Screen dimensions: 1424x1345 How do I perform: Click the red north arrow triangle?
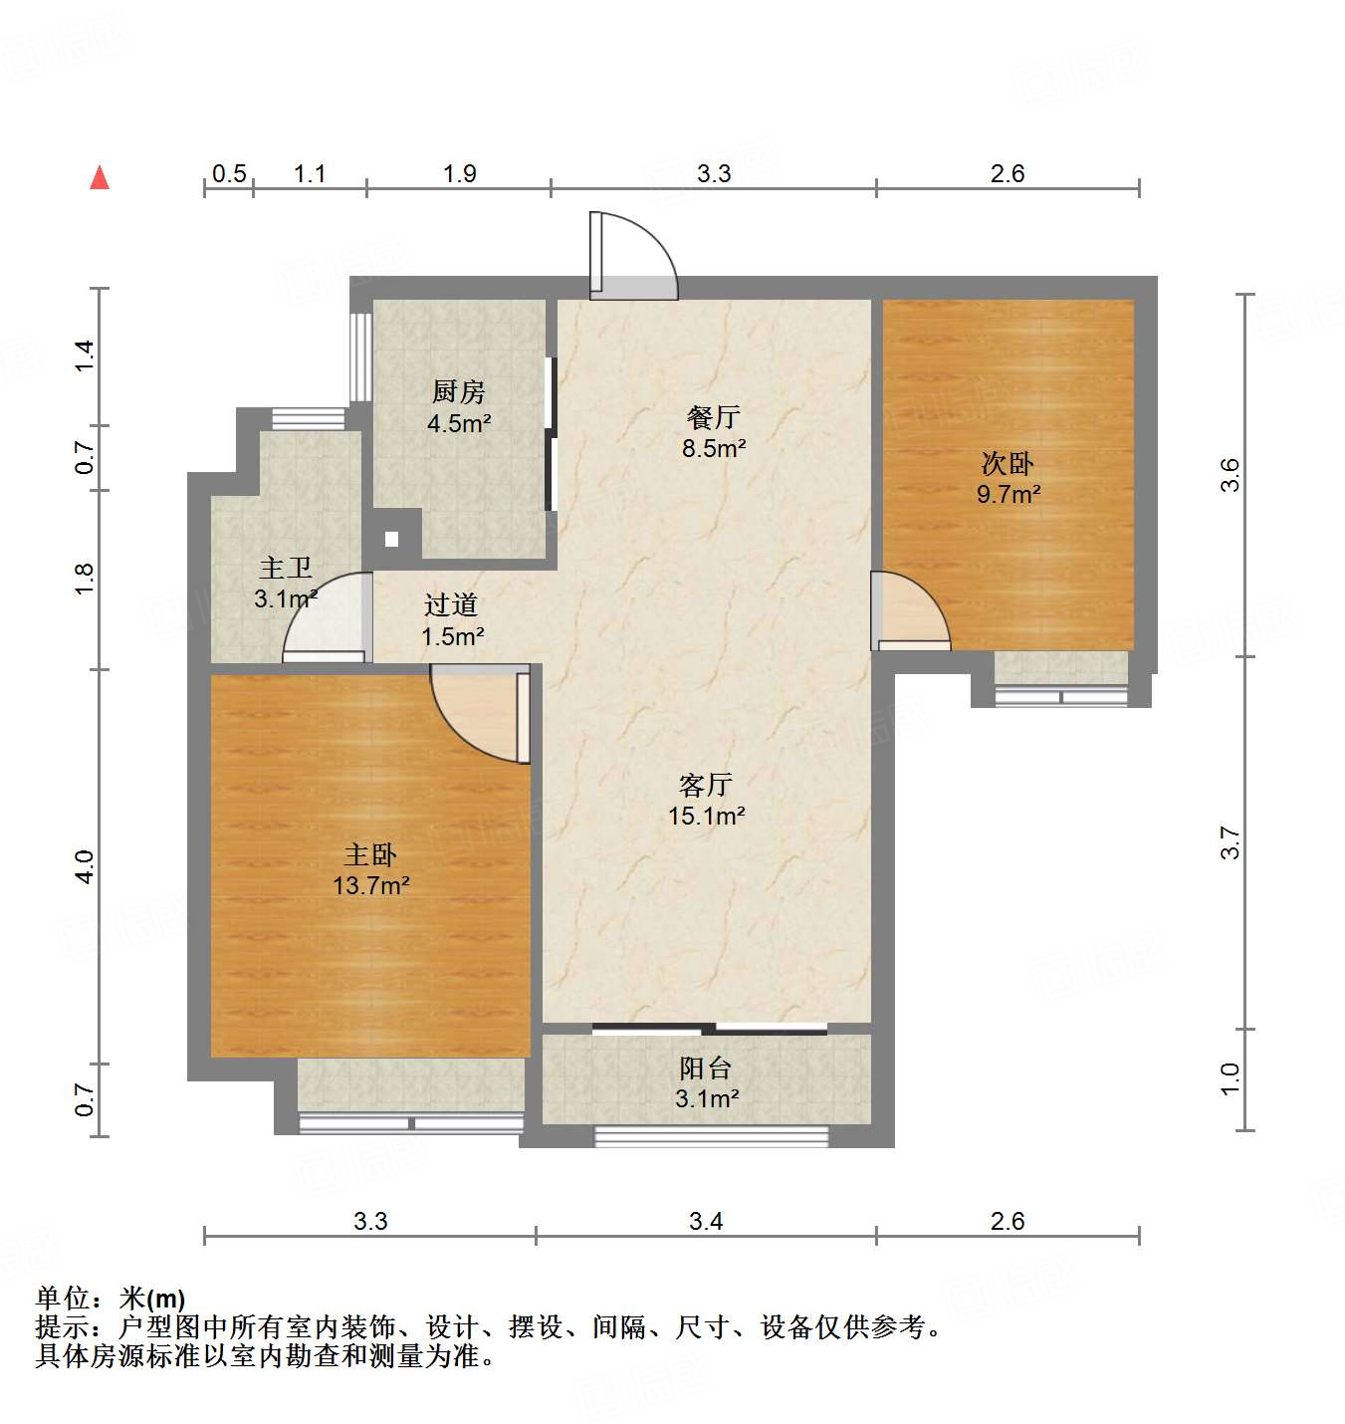point(100,177)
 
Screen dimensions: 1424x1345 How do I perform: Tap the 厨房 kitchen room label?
point(458,391)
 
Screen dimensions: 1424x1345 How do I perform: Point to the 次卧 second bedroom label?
point(1008,463)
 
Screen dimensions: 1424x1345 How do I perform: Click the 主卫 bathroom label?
point(286,569)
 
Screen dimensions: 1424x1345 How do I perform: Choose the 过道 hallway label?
point(451,604)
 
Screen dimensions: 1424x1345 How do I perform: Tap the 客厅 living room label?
point(706,785)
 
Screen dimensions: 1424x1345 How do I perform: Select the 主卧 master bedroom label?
point(370,854)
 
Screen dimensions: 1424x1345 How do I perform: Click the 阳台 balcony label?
point(706,1068)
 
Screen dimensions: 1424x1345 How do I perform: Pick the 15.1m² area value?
point(707,817)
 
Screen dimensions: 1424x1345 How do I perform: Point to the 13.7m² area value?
point(371,885)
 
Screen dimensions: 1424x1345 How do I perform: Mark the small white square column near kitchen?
point(391,539)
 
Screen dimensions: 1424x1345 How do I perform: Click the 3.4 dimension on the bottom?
point(706,1221)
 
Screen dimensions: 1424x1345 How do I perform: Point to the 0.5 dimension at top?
point(229,174)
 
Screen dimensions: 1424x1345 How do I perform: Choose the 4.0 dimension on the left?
point(85,866)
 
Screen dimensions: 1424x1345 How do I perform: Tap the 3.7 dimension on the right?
point(1231,843)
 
